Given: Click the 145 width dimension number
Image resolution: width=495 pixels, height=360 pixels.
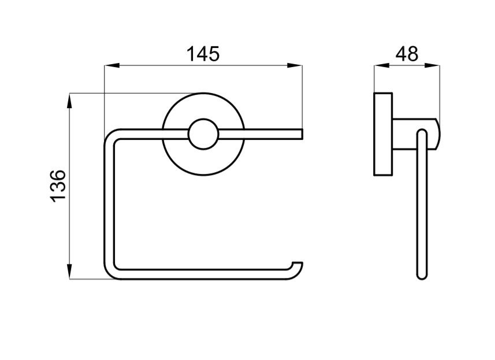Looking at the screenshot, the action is (203, 54).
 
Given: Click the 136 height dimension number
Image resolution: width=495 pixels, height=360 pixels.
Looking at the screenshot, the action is (58, 186).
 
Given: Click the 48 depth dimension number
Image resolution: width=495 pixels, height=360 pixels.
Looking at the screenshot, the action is (407, 54).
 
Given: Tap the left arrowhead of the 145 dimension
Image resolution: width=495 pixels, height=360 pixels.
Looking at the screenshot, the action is (111, 66).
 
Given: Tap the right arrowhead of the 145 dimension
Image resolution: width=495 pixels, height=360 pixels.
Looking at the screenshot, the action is (295, 66).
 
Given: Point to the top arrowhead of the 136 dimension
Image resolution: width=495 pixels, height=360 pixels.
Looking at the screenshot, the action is (70, 101).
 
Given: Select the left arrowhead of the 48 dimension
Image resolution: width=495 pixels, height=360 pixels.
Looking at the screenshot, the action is (382, 66).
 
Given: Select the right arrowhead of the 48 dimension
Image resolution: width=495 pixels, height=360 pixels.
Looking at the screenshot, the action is (432, 66).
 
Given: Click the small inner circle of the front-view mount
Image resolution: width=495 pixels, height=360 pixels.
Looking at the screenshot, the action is (203, 134).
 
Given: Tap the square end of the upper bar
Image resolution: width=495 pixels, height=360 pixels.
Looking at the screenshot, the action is (302, 134).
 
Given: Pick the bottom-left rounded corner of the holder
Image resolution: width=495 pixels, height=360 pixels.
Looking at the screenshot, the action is (110, 273).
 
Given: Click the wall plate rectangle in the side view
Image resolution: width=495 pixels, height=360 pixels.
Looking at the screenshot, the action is (383, 134).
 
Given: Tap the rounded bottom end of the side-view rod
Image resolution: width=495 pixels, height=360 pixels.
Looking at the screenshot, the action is (422, 276).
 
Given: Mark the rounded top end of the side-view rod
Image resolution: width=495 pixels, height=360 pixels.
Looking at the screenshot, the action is (422, 133).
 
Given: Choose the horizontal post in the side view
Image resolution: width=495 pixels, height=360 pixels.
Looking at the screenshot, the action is (415, 134).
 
